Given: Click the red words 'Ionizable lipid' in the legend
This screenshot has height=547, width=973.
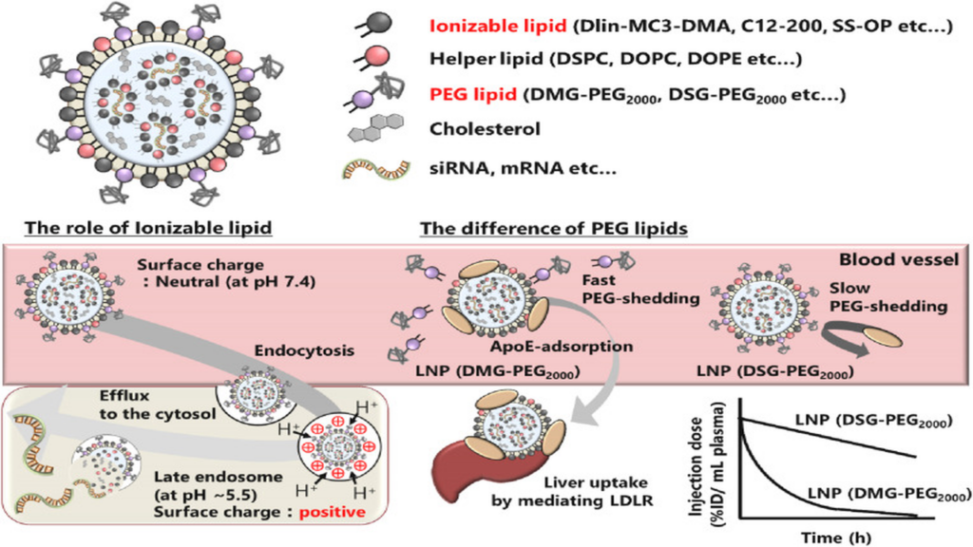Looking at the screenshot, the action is tap(498, 26).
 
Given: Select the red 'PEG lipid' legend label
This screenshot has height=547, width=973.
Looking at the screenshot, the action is tap(473, 94).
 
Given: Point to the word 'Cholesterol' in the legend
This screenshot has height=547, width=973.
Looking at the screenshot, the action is tap(485, 129).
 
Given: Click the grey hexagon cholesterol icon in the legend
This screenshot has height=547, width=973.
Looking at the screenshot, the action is tap(376, 128).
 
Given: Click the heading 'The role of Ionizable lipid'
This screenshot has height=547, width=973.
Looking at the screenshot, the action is tap(148, 228).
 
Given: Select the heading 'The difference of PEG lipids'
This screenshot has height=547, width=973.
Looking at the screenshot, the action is tap(554, 228).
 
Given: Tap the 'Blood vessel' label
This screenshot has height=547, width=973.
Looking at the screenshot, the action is tap(899, 259).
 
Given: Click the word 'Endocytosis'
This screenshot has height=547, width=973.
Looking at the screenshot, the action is tap(304, 350).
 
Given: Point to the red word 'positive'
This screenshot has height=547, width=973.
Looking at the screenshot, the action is tap(333, 512).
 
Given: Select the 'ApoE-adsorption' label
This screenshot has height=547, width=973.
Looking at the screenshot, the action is tap(562, 346).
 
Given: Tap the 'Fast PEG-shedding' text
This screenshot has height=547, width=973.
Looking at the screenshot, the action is tap(640, 289).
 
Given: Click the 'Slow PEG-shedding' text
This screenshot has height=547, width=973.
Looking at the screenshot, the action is tap(888, 297).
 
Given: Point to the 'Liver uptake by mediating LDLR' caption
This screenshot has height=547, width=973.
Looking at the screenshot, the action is tap(572, 491).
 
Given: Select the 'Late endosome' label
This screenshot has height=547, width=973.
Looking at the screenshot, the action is tap(218, 477).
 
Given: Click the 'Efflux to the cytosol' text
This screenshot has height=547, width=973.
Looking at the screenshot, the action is tap(158, 405).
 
